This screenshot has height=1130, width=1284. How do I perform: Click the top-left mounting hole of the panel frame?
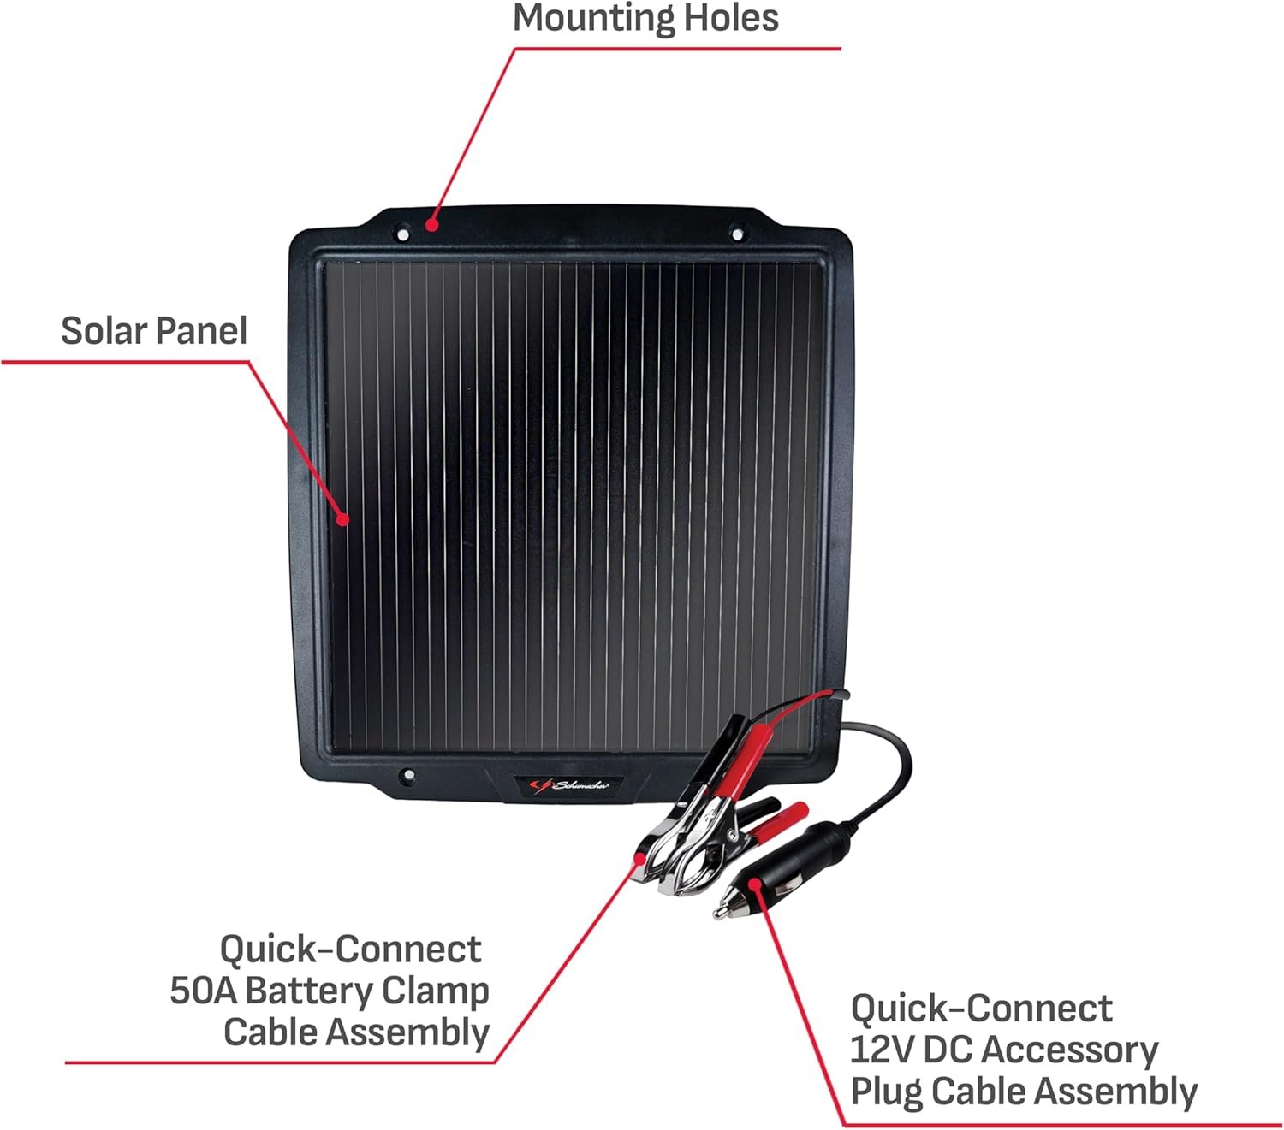coord(402,234)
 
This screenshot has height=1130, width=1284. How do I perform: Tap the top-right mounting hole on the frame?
coord(737,235)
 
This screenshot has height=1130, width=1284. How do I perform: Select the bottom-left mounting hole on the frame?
coord(409,775)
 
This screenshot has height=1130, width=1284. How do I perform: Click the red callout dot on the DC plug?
coord(753,884)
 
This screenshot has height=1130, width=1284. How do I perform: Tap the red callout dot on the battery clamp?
coord(641,858)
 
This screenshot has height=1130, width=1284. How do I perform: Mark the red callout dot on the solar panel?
coord(343,519)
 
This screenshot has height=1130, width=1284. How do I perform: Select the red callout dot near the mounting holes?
coord(432,224)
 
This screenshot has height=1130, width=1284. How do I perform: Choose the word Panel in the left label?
coord(201,331)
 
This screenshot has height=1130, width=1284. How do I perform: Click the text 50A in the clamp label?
coord(203,991)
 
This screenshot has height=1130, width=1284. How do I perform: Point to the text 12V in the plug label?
coord(882,1050)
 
